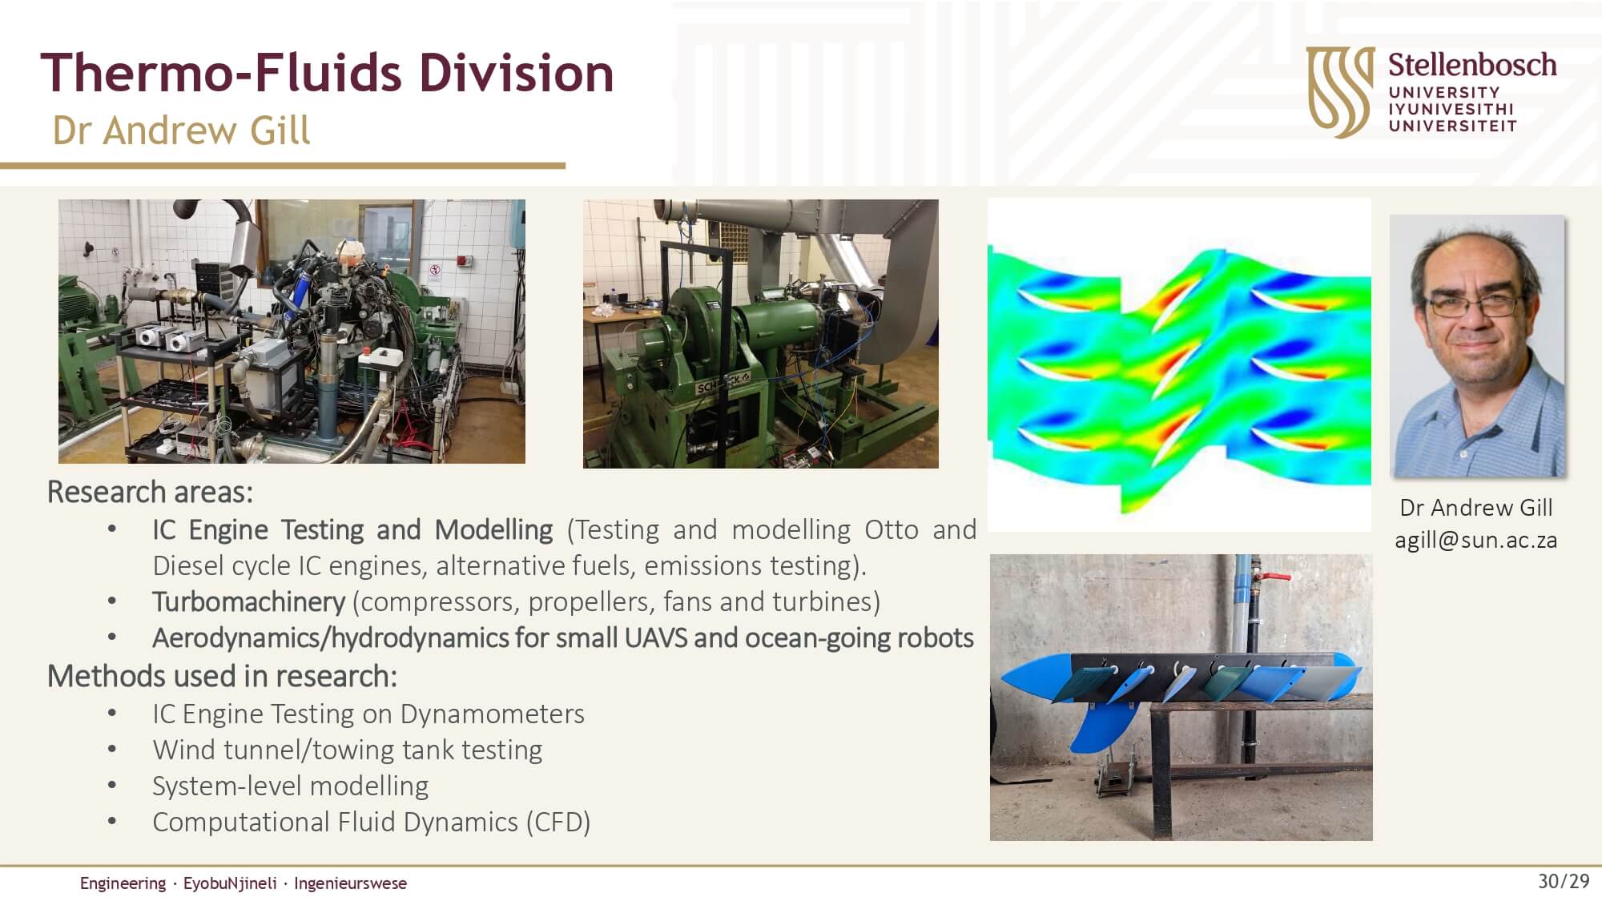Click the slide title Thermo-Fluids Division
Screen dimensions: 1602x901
tap(327, 72)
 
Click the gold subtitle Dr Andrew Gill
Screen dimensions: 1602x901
tap(181, 131)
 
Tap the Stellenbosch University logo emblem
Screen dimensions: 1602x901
tap(1340, 91)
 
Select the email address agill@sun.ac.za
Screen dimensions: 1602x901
tap(1475, 541)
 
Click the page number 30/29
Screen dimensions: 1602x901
tap(1563, 881)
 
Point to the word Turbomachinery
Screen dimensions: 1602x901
tap(248, 601)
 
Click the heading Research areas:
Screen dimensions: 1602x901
tap(150, 492)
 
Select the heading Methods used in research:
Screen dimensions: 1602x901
tap(222, 676)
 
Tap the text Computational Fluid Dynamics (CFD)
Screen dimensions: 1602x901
tap(371, 823)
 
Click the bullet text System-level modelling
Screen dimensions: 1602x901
tap(290, 786)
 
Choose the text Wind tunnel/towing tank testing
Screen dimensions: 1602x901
tap(347, 750)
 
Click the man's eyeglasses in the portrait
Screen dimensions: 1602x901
tap(1475, 304)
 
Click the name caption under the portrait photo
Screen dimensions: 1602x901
tap(1475, 508)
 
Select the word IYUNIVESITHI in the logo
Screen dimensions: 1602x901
tap(1451, 109)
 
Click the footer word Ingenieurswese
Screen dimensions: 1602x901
tap(350, 883)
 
